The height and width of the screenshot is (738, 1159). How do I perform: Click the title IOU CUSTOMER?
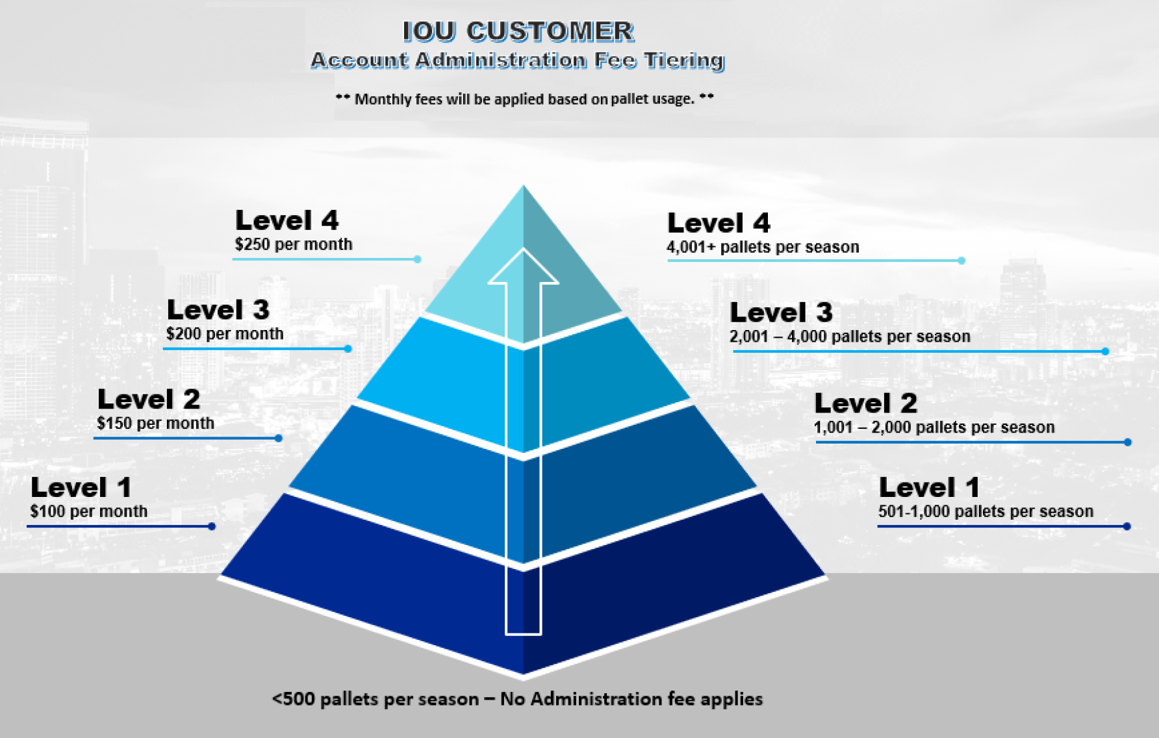[x=518, y=31]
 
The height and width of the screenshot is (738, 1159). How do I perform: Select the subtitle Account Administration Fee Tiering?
[x=518, y=60]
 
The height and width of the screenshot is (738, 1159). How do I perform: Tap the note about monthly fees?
[x=525, y=99]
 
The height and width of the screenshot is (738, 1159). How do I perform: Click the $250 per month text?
[x=294, y=244]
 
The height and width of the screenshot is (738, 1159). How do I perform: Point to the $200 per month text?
[x=225, y=334]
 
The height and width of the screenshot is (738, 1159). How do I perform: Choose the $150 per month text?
[x=155, y=424]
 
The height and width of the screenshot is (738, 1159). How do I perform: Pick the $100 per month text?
[x=88, y=511]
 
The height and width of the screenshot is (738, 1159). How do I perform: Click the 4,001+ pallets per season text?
[x=763, y=247]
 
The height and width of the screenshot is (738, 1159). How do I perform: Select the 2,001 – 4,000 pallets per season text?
[x=850, y=337]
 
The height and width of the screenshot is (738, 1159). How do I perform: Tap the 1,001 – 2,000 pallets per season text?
[x=934, y=427]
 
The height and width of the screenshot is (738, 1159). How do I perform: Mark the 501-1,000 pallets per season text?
[x=986, y=511]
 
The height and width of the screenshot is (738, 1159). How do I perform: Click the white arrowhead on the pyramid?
[x=523, y=266]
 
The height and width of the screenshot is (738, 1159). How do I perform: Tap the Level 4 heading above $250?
[x=287, y=220]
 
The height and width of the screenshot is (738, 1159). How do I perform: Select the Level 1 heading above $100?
[x=81, y=487]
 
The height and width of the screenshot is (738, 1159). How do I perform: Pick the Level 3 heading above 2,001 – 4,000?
[x=781, y=312]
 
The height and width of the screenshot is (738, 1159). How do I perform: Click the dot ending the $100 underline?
[x=212, y=526]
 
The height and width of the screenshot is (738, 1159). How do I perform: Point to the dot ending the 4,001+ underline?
[x=962, y=261]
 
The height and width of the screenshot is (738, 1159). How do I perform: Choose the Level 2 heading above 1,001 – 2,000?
[x=866, y=403]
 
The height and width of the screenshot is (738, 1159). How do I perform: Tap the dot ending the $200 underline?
[x=348, y=349]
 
